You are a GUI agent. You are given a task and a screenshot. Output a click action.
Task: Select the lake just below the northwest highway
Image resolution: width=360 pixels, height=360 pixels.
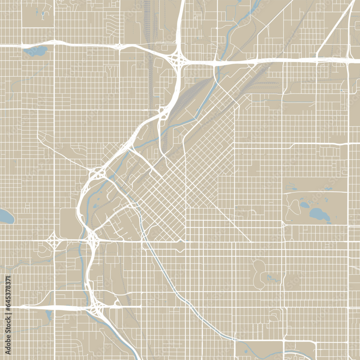[36, 51]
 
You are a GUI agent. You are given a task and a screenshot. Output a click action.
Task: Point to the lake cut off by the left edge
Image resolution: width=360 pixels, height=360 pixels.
[5, 216]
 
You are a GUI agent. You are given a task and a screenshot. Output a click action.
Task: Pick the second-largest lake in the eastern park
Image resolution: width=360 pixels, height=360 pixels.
[305, 205]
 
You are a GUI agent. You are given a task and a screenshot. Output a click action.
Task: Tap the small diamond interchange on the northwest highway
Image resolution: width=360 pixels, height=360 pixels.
[119, 46]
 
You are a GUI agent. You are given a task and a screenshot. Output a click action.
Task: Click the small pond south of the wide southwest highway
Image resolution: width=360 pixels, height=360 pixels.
[49, 315]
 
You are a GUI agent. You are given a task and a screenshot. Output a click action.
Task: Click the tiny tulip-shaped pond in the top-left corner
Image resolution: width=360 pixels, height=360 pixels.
[43, 15]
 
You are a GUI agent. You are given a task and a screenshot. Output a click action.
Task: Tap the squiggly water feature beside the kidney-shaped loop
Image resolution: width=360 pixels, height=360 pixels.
[272, 278]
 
